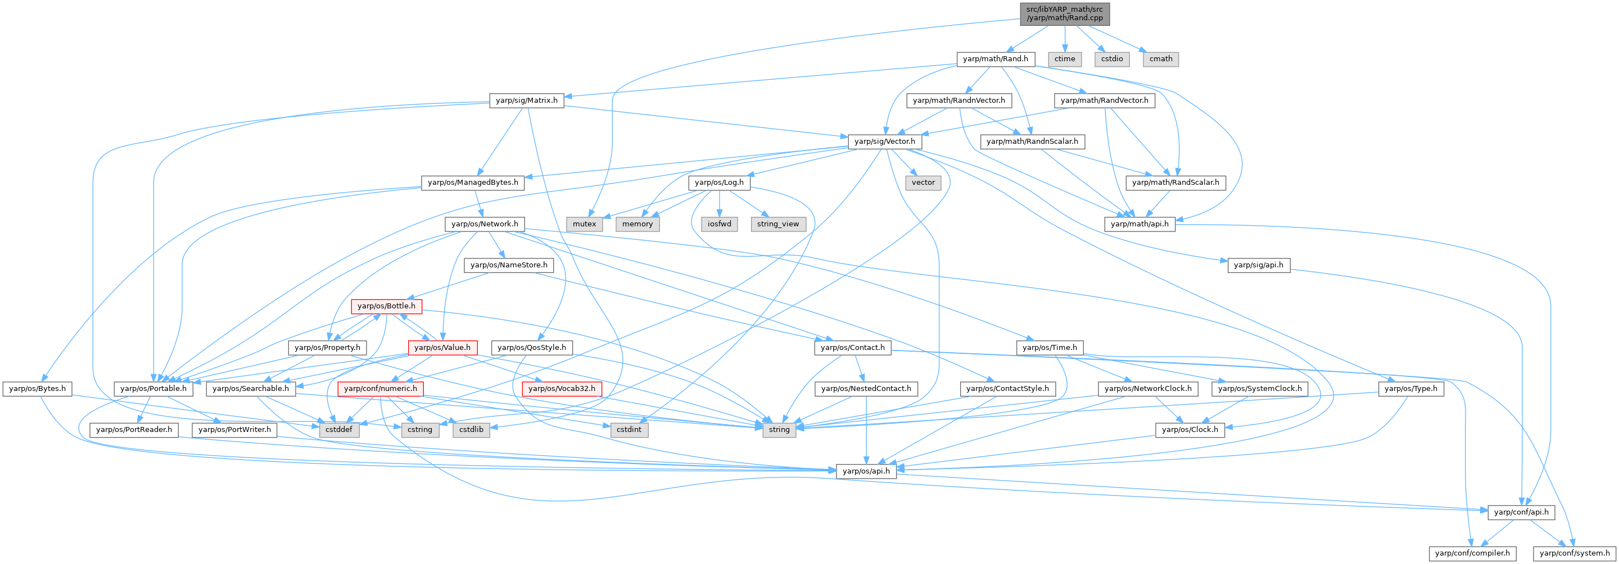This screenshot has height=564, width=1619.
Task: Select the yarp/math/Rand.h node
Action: coord(995,59)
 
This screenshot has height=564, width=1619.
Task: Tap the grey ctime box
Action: coord(1065,59)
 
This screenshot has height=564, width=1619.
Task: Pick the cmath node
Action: coord(1160,59)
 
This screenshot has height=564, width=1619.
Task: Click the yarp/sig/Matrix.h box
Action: coord(526,101)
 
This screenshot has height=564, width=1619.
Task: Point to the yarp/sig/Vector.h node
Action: coord(884,142)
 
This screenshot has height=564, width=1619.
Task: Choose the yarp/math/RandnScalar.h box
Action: coord(1032,142)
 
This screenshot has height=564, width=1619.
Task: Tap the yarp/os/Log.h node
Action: coord(719,183)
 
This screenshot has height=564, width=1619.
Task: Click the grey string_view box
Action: coord(777,224)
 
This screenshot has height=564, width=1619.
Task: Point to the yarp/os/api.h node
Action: coord(866,471)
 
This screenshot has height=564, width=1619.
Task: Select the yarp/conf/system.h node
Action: coord(1575,553)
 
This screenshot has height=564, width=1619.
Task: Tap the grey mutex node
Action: coord(584,224)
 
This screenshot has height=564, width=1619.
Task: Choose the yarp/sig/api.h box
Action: coord(1258,265)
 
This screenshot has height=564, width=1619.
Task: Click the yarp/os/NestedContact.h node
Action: coord(866,389)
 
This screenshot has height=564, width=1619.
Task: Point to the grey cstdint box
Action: coord(628,430)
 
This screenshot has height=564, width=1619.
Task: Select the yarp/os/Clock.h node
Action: coord(1189,430)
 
